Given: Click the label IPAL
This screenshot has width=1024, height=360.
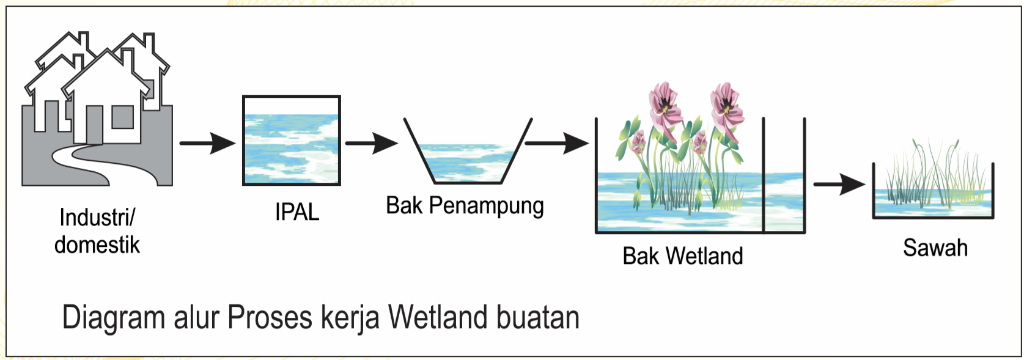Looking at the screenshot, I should [x=297, y=212].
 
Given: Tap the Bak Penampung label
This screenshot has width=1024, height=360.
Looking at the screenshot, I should [x=465, y=206].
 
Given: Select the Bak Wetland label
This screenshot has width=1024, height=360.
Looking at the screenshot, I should [x=682, y=255].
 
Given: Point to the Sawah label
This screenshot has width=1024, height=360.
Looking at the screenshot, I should [x=935, y=248].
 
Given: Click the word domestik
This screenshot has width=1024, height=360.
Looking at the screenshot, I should [x=97, y=245].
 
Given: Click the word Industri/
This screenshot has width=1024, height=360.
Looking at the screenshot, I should [x=97, y=217].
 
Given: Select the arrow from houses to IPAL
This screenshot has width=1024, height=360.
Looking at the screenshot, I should [x=207, y=144].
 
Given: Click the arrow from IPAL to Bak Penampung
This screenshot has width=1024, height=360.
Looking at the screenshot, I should [x=371, y=144].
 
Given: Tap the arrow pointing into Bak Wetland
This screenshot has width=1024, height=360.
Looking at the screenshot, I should [x=556, y=144].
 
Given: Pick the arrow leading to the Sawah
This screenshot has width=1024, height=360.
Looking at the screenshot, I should [x=839, y=184].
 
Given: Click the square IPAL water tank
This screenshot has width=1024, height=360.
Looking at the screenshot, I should [x=292, y=141].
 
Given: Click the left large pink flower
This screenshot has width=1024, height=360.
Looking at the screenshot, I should [x=665, y=105].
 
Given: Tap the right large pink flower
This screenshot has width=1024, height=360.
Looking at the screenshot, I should [x=726, y=105].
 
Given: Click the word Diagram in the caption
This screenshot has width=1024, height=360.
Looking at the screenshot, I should [x=114, y=318].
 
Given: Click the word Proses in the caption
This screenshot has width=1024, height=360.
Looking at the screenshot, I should [x=270, y=318].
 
